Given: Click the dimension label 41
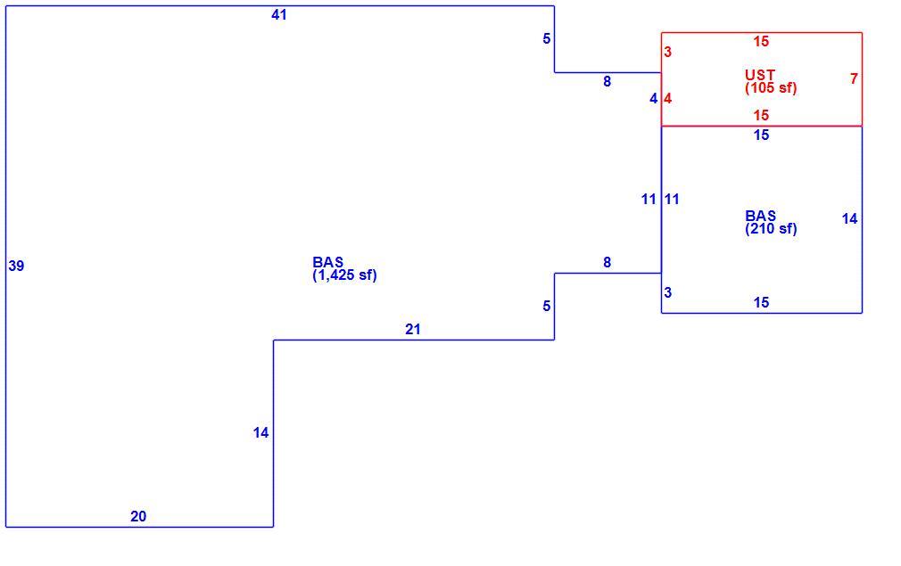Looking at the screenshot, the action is click(278, 15).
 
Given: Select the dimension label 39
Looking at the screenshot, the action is click(16, 266).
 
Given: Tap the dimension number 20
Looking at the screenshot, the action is click(138, 517).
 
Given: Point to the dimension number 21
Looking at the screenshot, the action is click(412, 330).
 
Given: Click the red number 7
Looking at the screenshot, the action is click(854, 78).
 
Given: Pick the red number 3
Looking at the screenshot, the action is click(667, 53).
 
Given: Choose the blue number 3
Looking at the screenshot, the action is click(667, 292).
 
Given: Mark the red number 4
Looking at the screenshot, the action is click(667, 99).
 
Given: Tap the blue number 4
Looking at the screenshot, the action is click(653, 99).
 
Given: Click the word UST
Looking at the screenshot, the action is click(760, 75).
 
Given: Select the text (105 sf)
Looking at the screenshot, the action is click(771, 88).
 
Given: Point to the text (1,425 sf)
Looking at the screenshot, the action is click(344, 275).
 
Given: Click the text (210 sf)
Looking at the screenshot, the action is click(771, 228).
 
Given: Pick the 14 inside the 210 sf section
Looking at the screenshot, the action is click(849, 218).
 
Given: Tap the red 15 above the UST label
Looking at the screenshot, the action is click(761, 41).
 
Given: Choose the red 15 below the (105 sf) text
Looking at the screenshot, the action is click(761, 115).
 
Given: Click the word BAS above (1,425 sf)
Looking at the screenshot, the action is click(327, 262).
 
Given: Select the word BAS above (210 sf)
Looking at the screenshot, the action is click(760, 216).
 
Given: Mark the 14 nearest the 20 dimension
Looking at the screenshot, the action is click(260, 433).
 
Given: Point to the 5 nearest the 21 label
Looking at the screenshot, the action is click(547, 307).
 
